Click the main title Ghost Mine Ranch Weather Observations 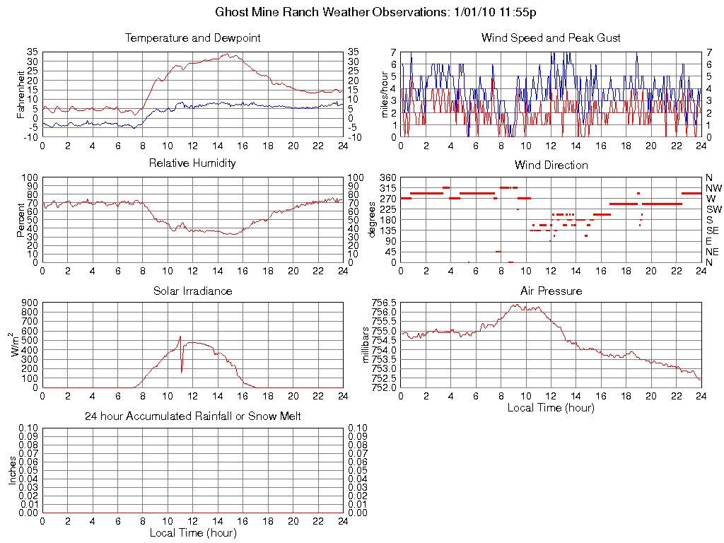[x=380, y=13]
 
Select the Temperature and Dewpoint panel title [x=192, y=37]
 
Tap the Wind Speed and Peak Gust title [x=551, y=37]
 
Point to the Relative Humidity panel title [x=192, y=163]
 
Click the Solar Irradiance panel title [x=192, y=291]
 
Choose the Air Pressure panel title [x=551, y=291]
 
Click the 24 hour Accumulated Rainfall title [x=192, y=416]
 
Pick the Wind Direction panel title [x=551, y=165]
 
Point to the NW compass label [x=713, y=188]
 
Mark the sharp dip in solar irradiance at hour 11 [x=182, y=371]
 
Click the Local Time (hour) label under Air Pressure [x=551, y=407]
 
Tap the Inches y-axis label [x=12, y=470]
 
